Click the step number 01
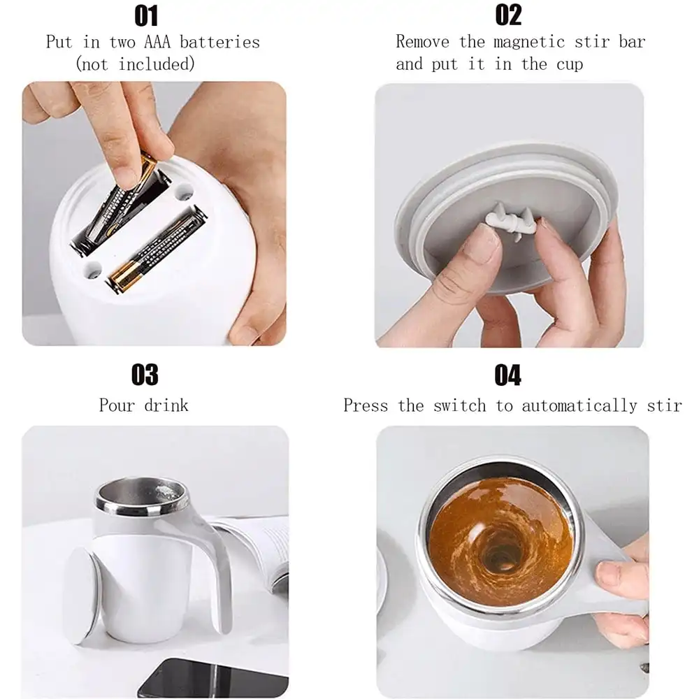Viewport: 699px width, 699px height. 146,16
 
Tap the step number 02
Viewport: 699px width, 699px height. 509,15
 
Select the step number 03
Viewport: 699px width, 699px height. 145,375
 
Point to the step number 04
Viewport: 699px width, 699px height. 507,375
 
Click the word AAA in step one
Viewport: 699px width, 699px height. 157,43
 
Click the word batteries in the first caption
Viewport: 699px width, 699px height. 219,43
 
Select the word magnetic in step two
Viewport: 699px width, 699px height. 530,42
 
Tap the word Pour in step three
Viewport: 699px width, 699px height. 117,405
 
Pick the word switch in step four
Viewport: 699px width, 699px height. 460,405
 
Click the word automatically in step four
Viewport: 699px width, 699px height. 579,406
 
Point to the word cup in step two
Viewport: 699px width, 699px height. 570,65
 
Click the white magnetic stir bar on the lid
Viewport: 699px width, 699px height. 511,220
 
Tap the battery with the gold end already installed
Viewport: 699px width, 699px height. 157,249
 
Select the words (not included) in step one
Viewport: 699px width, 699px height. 135,64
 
